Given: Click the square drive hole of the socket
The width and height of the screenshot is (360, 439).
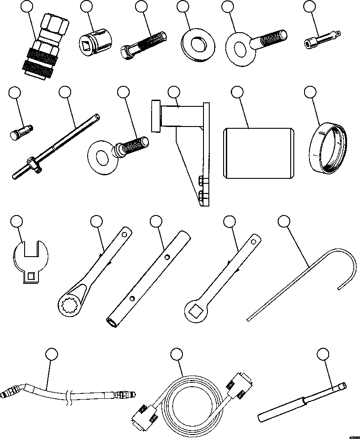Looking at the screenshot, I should [88, 44].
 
